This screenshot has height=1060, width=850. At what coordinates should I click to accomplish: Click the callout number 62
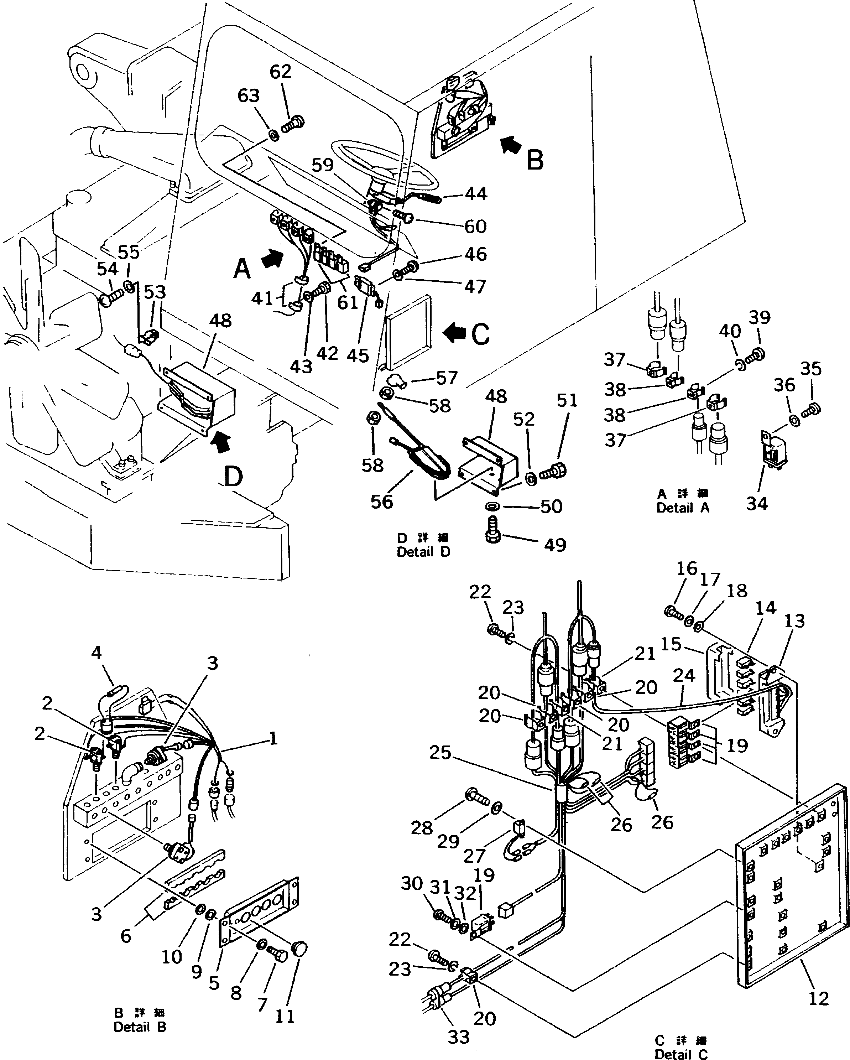point(281,72)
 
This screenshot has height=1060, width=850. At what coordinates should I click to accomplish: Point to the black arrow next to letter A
point(273,259)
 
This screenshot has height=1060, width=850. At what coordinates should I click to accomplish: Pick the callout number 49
point(555,545)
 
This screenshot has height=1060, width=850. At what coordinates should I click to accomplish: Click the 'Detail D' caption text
point(423,552)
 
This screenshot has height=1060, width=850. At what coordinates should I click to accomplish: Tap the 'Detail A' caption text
point(683,508)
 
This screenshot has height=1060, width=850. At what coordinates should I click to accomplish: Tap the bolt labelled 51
point(554,472)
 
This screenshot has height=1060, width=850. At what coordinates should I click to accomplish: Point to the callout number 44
point(475,194)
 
